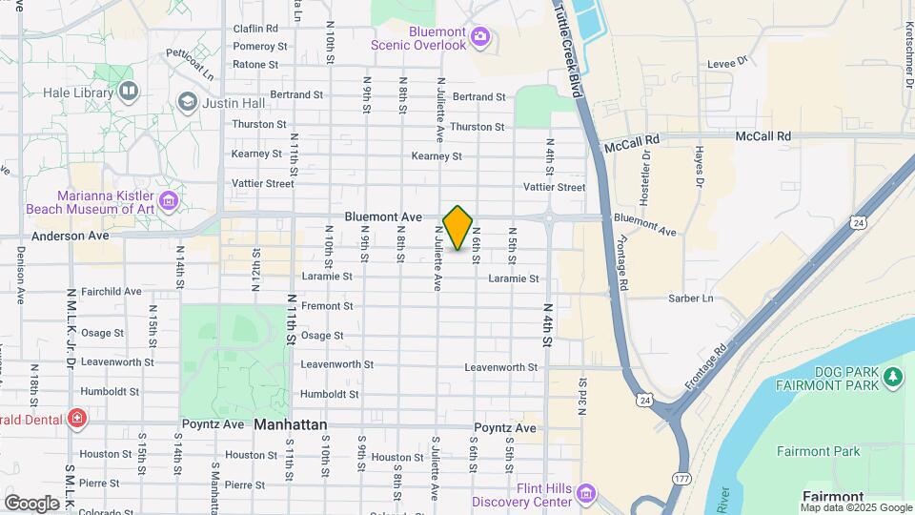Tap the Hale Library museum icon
pos(129,92)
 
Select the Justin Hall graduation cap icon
pos(188,102)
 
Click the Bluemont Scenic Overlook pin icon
pos(480,38)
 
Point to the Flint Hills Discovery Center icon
pos(586,494)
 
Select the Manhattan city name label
pos(291,424)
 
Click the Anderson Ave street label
pos(71,235)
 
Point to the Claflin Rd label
pos(255,29)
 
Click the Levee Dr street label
pos(729,64)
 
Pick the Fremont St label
pos(327,306)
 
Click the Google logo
pos(31,503)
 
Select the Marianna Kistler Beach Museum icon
pos(169,200)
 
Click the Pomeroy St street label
pos(260,46)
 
